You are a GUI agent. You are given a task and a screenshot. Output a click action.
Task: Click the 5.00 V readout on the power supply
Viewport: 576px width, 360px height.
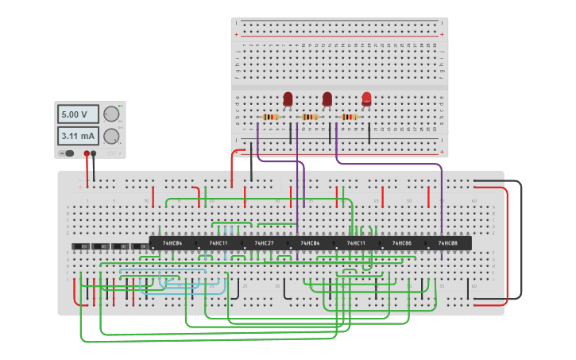[78, 114]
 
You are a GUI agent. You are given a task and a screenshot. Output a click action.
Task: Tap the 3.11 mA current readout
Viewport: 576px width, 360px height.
[78, 135]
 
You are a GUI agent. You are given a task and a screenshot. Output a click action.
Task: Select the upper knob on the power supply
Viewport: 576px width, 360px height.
[111, 114]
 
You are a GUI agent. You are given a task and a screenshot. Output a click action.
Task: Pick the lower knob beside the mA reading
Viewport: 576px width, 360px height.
[111, 135]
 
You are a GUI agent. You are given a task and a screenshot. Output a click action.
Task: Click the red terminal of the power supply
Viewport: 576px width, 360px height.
[87, 153]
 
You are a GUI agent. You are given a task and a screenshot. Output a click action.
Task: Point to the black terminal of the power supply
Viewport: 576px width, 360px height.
[94, 153]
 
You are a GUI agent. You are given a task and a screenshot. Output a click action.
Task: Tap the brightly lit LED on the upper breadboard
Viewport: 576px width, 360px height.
[366, 99]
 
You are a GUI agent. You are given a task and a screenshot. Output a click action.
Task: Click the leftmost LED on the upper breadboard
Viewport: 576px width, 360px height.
[288, 99]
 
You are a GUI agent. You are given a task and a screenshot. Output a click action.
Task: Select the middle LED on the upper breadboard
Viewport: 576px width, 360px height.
[327, 99]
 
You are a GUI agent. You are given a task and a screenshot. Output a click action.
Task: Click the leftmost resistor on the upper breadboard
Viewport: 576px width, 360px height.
[271, 117]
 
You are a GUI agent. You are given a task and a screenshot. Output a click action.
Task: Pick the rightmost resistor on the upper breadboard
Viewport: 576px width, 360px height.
[349, 117]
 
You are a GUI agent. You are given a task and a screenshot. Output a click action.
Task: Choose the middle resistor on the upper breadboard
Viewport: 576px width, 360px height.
[310, 117]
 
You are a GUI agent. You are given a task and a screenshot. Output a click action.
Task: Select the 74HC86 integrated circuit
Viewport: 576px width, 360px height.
[401, 243]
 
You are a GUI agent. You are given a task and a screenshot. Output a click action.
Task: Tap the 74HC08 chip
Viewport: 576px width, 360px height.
[447, 243]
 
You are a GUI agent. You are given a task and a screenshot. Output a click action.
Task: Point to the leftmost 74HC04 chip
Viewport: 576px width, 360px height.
[172, 243]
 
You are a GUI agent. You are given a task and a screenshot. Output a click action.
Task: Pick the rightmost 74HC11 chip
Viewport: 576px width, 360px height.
[356, 243]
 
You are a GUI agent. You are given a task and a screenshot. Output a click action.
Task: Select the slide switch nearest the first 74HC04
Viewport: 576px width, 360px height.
[140, 247]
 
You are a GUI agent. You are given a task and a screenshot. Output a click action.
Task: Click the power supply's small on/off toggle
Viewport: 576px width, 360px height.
[69, 153]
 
